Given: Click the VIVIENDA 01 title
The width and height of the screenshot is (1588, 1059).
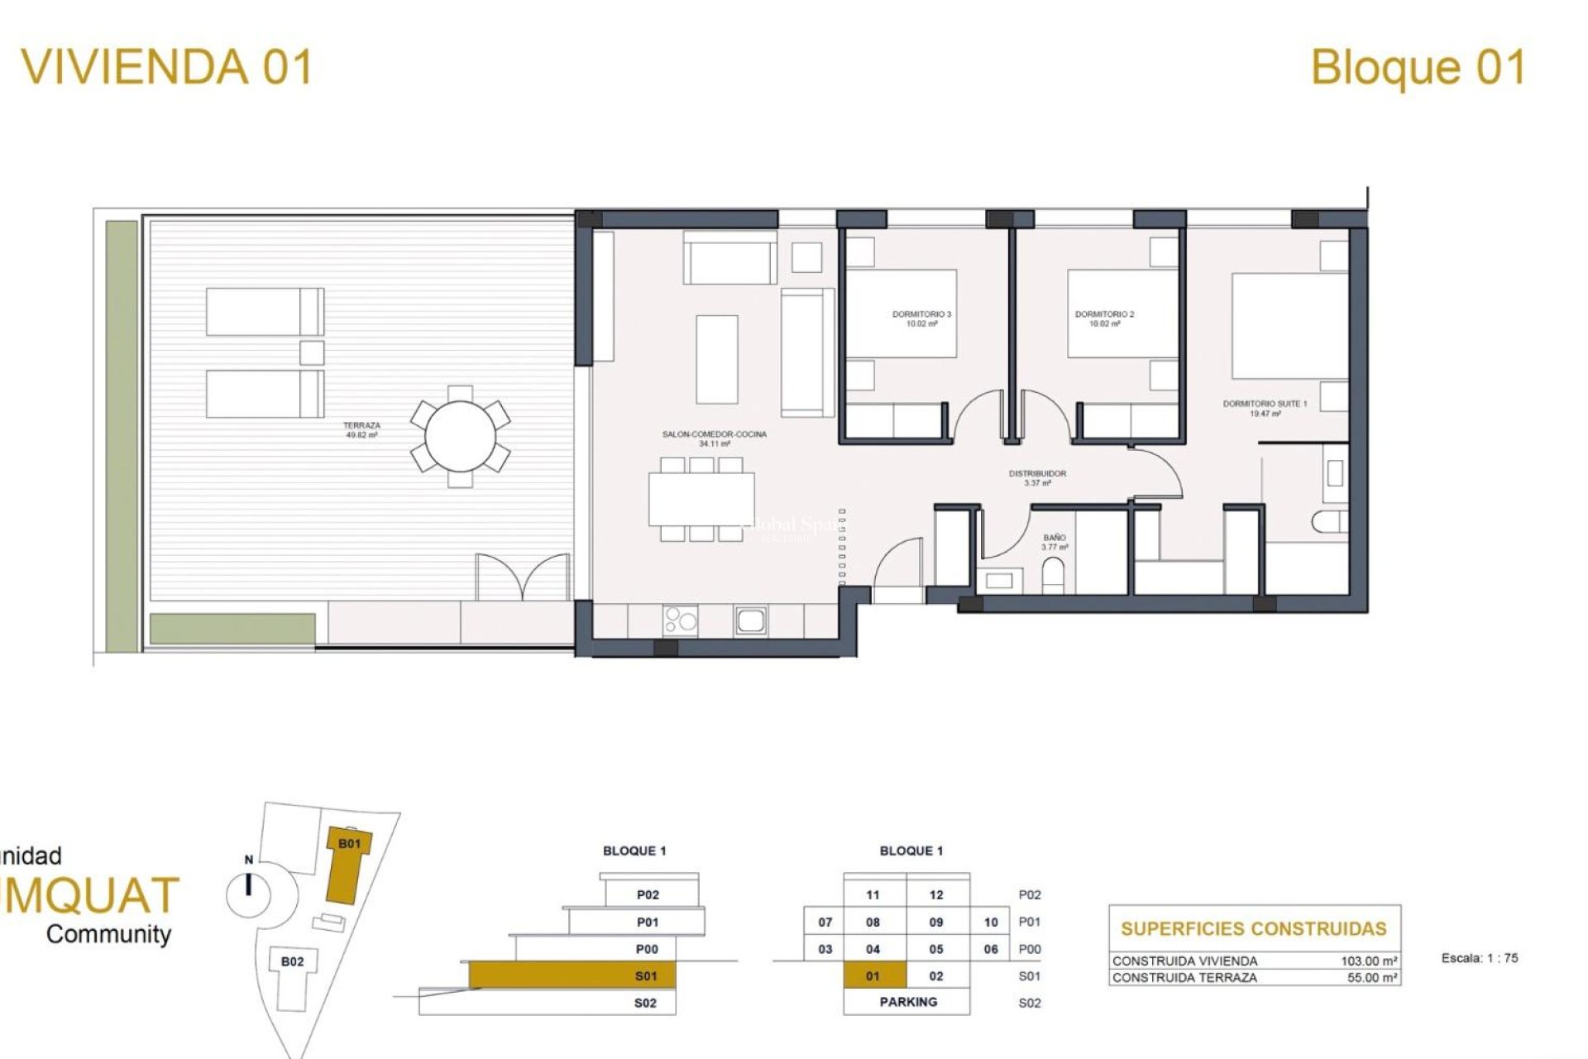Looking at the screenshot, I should point(167,67).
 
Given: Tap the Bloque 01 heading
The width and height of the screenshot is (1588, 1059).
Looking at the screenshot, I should point(1418,68).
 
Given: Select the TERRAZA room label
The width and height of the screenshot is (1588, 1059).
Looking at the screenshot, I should point(361,429).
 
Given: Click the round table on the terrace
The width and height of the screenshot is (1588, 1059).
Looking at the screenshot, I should point(460,436).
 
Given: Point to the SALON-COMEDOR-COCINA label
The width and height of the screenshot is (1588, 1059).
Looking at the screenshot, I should point(714,438).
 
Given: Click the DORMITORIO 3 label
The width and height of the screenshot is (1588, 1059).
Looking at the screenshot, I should point(921,319).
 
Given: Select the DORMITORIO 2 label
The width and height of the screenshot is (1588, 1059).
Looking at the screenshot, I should point(1103,319).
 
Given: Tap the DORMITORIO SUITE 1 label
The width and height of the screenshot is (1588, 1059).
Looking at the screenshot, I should point(1265,408).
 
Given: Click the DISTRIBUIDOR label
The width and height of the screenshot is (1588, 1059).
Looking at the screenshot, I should point(1037,477).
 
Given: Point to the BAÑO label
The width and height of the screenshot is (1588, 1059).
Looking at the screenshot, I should point(1054,542).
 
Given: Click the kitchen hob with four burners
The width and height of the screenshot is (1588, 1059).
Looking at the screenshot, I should point(680,621).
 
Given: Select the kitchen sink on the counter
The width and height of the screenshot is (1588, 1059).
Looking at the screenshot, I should point(750,621).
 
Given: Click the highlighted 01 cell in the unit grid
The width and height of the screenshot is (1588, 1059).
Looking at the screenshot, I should point(873,976).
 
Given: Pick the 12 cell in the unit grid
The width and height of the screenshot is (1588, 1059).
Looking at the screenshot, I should point(936,894).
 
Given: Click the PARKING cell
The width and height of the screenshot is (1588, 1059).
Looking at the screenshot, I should point(908,1002).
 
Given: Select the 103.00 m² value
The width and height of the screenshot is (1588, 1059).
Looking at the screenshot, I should point(1369,961).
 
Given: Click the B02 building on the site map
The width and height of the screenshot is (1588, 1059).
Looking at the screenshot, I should point(292,961).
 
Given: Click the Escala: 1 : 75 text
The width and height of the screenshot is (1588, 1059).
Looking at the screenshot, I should point(1479,958).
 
